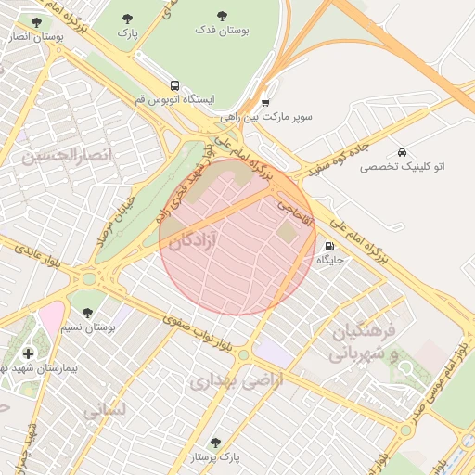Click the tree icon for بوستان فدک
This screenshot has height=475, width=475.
pyautogui.click(x=222, y=16)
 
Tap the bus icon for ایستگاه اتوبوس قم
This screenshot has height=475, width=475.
pyautogui.click(x=176, y=83)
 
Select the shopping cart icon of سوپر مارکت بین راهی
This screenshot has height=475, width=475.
pyautogui.click(x=265, y=103)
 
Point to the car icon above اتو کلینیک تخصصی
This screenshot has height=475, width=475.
pyautogui.click(x=401, y=151)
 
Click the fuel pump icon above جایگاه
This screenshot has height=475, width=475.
pyautogui.click(x=330, y=247)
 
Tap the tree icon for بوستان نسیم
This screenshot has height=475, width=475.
pyautogui.click(x=87, y=313)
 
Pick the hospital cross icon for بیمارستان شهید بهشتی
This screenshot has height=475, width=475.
pyautogui.click(x=28, y=353)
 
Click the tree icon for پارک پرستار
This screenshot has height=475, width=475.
pyautogui.click(x=216, y=443)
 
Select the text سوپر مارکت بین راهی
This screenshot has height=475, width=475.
pyautogui.click(x=267, y=118)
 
